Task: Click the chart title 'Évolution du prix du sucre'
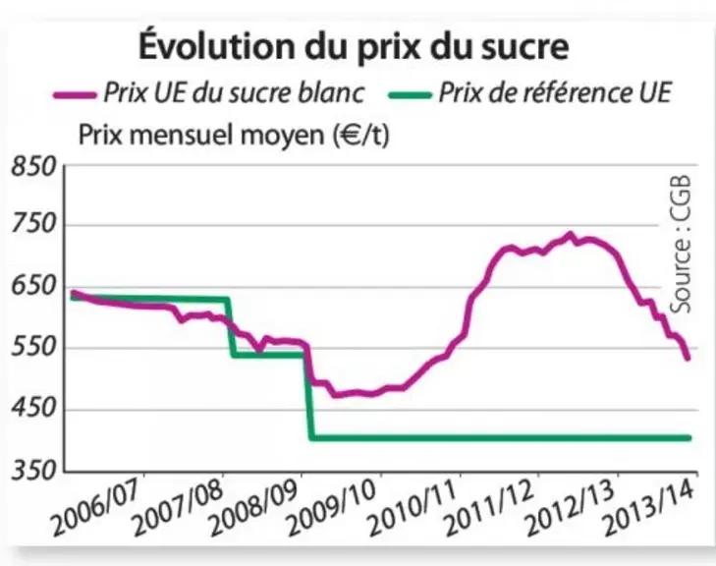pos(354,45)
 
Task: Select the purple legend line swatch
pos(75,95)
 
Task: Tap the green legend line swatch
pos(410,95)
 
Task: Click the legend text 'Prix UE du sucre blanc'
pos(234,93)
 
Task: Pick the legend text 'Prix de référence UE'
pos(555,92)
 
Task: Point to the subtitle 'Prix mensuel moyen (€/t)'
pos(234,135)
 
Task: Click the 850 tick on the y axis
pos(33,167)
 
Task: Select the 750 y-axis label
pos(33,225)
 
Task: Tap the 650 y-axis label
pos(33,286)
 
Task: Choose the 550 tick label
pos(33,348)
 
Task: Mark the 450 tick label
pos(33,409)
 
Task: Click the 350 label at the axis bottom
pos(33,470)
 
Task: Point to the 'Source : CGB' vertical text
pos(681,245)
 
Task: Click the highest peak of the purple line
pos(570,235)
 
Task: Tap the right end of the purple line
pos(688,359)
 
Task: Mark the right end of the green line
pos(689,438)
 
